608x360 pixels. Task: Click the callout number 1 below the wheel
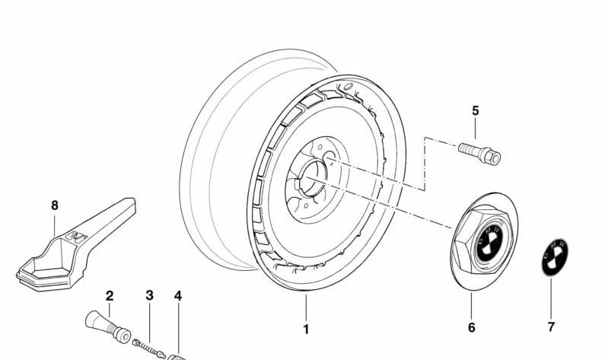point(306,329)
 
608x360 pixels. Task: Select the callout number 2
point(110,296)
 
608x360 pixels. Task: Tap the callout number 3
point(150,295)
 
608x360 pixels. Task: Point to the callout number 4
point(178,296)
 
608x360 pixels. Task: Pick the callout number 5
point(476,110)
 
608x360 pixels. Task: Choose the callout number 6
point(472,328)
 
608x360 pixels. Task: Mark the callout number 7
point(551,327)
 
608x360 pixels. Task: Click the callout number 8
point(55,205)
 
